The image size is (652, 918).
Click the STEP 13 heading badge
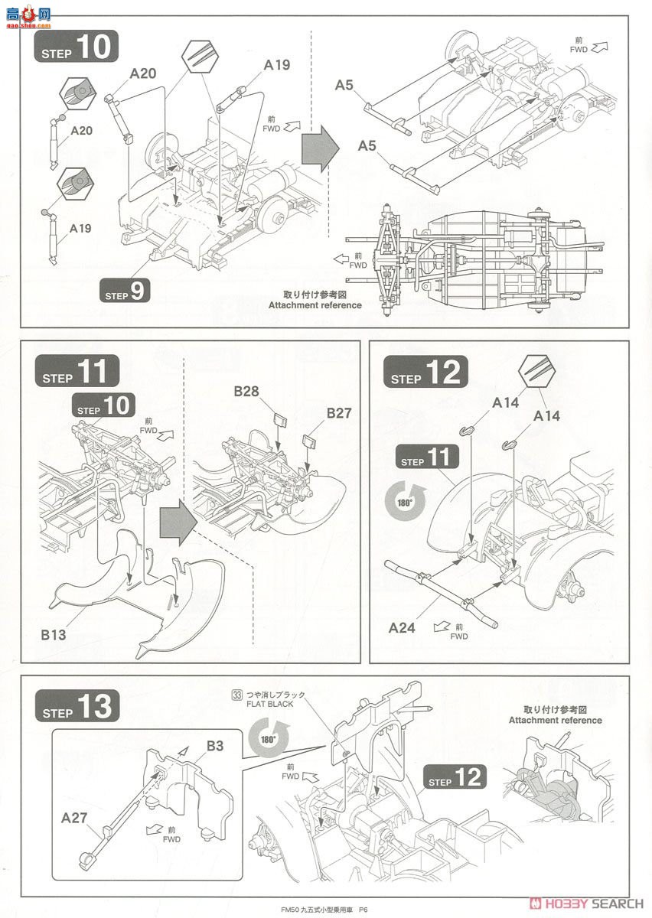click(x=77, y=705)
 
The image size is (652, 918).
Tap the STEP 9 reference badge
click(x=126, y=291)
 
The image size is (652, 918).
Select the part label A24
click(x=401, y=627)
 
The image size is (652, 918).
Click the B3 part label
click(x=214, y=746)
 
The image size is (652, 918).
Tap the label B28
click(x=246, y=392)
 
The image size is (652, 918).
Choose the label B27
click(x=338, y=413)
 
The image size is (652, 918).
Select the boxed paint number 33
click(x=237, y=695)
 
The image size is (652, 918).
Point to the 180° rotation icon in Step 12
click(x=406, y=503)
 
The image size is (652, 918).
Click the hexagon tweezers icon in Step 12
click(x=536, y=374)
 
